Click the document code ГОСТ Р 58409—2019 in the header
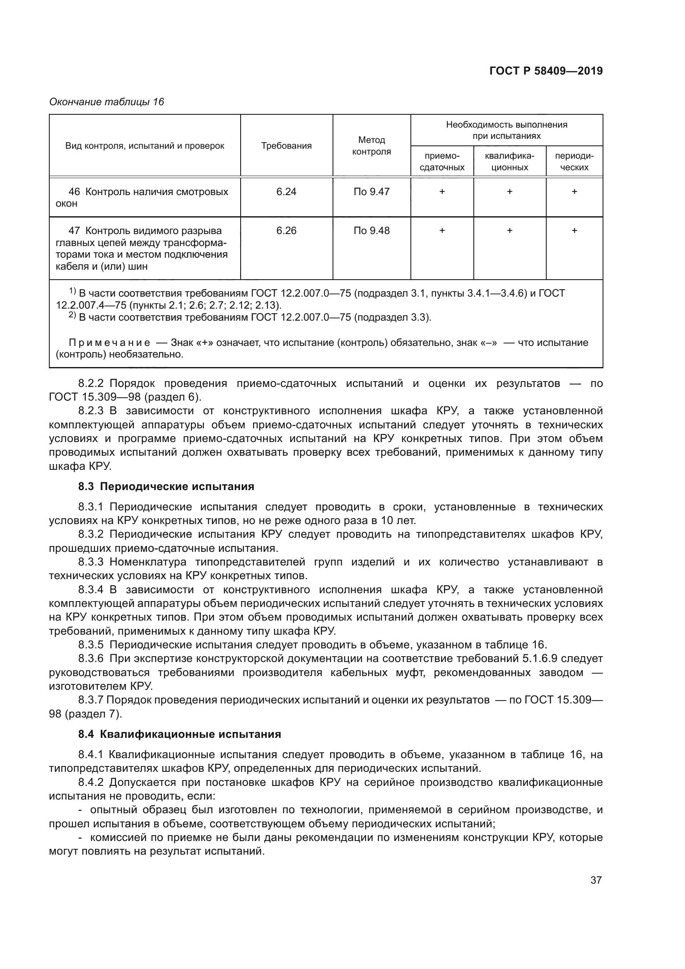546,71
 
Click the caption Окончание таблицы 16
106,102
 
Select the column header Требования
286,146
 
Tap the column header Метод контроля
371,145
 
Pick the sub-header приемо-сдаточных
441,162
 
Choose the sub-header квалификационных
509,162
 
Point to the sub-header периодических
574,162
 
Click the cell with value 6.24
286,192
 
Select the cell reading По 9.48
371,230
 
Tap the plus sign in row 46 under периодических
574,192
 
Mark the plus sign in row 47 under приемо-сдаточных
441,230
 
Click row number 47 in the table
74,231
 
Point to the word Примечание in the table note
109,342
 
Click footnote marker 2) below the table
72,316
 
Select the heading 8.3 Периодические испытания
166,487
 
